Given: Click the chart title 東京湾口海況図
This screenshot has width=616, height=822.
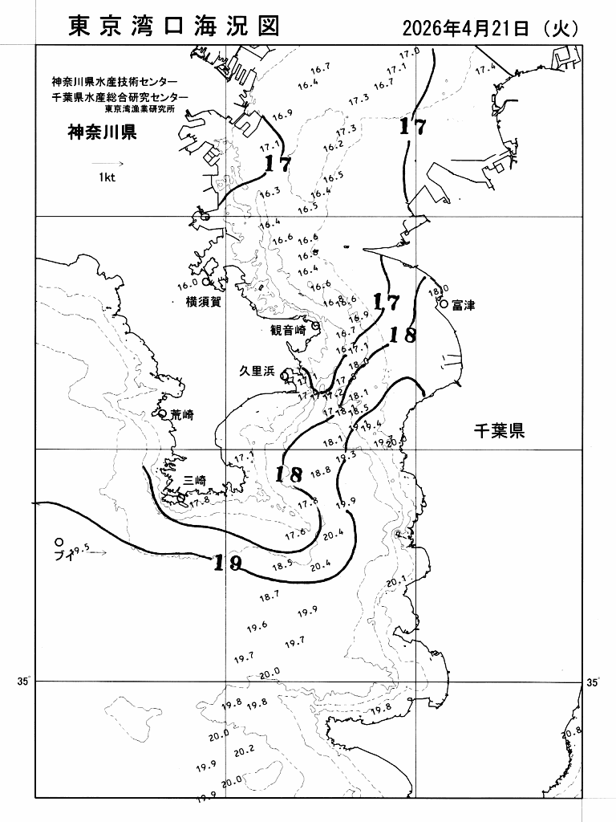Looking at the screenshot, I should coord(174,26).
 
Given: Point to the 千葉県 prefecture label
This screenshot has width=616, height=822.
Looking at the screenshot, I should coord(498,433).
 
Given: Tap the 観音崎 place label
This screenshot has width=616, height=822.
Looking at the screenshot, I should coord(289,330).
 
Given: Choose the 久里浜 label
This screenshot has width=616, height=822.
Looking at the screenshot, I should coord(257,371).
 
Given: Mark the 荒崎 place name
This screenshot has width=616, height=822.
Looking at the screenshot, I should coord(182,415).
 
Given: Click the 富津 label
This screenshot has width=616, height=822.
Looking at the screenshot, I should coord(463,305).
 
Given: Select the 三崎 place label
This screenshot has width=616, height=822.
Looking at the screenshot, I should coord(195,480).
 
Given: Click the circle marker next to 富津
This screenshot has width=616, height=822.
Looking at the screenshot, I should coord(443,303).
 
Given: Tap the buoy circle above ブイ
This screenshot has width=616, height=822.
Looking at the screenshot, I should coord(59,542).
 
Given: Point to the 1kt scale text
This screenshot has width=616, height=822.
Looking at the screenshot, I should coord(107,178).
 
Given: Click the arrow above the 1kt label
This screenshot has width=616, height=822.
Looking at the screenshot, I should coord(107,162).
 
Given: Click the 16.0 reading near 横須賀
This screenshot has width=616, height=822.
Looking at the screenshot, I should coord(187,284).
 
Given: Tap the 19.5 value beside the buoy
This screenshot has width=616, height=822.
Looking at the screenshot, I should coord(79,551).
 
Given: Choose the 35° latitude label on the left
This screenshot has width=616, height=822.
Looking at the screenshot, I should coord(22,682).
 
